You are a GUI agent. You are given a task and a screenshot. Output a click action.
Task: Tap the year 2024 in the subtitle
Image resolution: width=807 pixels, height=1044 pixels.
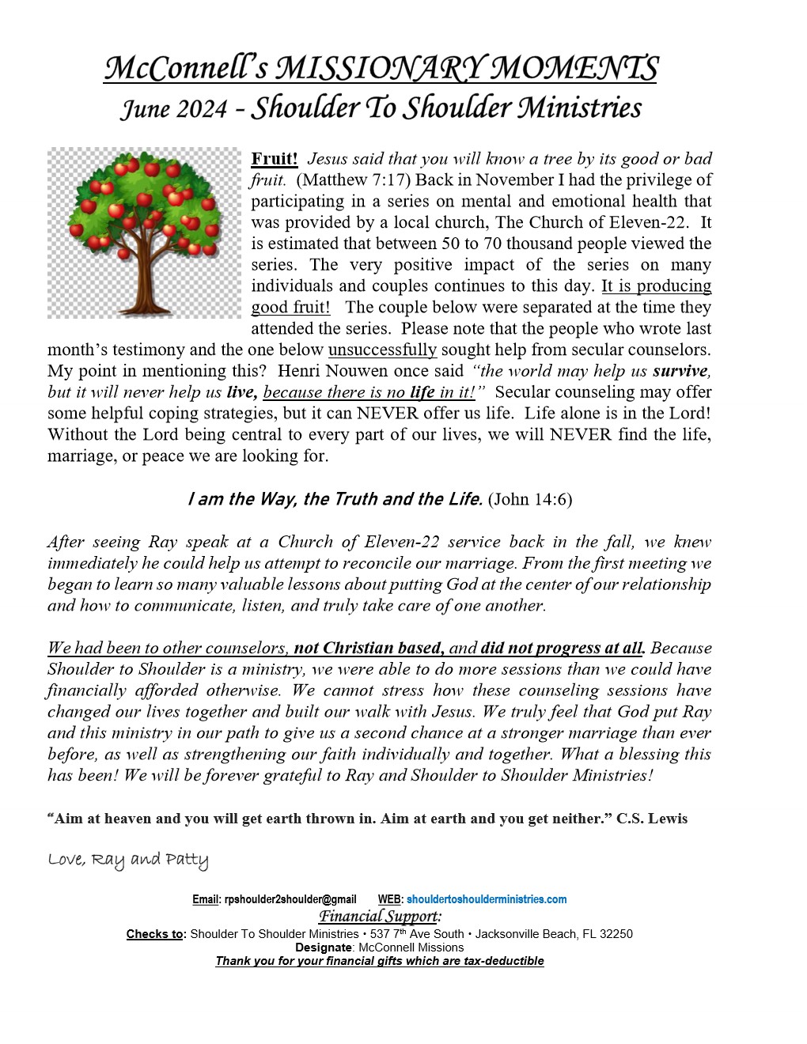pos(201,108)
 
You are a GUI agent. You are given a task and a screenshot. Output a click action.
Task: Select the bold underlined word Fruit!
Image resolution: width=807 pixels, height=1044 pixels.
pos(275,158)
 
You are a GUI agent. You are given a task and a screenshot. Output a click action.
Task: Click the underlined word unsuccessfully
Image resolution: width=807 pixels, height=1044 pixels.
pos(382,350)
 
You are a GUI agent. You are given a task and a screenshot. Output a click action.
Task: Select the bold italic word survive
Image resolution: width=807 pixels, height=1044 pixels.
pos(680,371)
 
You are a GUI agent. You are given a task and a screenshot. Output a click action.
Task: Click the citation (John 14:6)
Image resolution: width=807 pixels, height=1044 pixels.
pos(530,499)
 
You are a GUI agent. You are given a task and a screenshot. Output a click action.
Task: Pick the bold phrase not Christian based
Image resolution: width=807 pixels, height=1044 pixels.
pos(368,649)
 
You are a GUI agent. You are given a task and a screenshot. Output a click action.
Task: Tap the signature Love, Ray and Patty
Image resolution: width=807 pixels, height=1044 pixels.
pos(128,860)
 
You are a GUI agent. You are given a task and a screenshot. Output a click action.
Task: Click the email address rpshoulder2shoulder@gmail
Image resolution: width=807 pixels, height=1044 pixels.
pos(290,899)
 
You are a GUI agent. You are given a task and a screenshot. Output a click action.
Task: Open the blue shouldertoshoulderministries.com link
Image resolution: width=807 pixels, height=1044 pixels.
pos(487,899)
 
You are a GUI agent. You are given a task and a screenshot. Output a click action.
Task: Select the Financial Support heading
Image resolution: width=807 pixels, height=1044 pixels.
pos(379,916)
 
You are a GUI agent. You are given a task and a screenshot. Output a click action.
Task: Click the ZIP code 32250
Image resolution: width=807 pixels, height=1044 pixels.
pos(616,934)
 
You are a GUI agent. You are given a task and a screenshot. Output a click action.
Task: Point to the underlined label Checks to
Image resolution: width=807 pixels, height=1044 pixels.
pos(156,934)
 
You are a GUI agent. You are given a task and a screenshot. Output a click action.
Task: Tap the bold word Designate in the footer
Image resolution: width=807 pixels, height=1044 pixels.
pos(323,948)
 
